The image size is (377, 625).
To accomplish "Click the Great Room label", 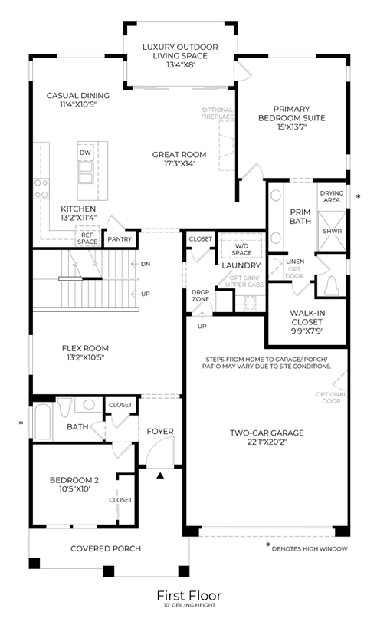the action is pos(179,155).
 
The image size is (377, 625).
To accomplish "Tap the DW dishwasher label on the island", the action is pos(85,153).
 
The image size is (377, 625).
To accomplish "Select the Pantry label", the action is pos(120,239).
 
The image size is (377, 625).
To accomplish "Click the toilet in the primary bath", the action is pos(331,286).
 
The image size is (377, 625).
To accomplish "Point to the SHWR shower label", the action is pos(332,231).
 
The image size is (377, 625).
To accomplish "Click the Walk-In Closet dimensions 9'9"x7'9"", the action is pos(307,331).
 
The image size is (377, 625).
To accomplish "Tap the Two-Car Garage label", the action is pos(267,433).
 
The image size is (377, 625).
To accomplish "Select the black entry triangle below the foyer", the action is pos(160,475).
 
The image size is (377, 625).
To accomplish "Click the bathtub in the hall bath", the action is pos(42,422).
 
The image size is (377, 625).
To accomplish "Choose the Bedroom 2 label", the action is pos(74,480).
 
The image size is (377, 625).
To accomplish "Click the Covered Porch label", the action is pos(106,549).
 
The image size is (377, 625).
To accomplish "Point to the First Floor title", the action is pos(188,596).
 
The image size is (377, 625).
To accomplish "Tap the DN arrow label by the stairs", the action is pos(146,264).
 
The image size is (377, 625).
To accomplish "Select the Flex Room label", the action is pos(85,348).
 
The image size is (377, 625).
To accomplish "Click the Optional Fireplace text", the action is pos(218,113).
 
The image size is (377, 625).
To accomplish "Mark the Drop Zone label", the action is pos(200,296).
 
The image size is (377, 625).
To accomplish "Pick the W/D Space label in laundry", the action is pos(241,249).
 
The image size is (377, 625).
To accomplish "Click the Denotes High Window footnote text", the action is pos(310,549).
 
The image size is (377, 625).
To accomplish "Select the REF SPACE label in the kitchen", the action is pos(87,238).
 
